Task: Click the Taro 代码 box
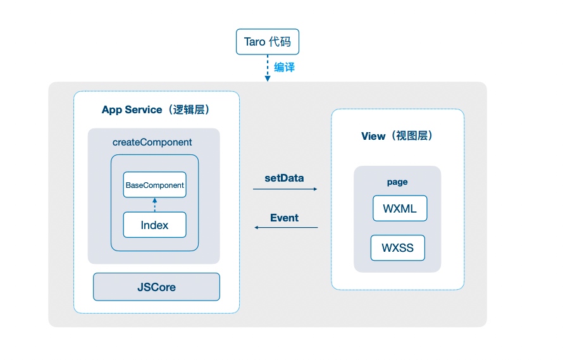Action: [x=268, y=42]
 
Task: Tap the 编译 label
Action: [x=285, y=67]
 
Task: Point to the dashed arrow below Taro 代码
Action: [x=268, y=68]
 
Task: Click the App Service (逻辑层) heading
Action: [x=156, y=109]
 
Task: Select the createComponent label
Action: [x=152, y=142]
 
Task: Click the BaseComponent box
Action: [x=155, y=185]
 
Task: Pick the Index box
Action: [x=155, y=225]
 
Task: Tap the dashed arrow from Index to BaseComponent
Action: [x=155, y=205]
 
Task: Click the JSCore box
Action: [x=156, y=287]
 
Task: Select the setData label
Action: [x=285, y=178]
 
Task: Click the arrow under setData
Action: [x=285, y=189]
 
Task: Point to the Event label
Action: [x=285, y=218]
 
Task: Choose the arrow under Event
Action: [x=286, y=227]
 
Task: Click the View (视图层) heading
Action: [x=397, y=136]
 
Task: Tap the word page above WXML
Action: [x=397, y=182]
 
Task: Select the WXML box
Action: [x=400, y=208]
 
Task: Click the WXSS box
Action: [x=398, y=248]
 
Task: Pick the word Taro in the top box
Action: [x=254, y=42]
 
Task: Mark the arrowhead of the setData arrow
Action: [x=316, y=189]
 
